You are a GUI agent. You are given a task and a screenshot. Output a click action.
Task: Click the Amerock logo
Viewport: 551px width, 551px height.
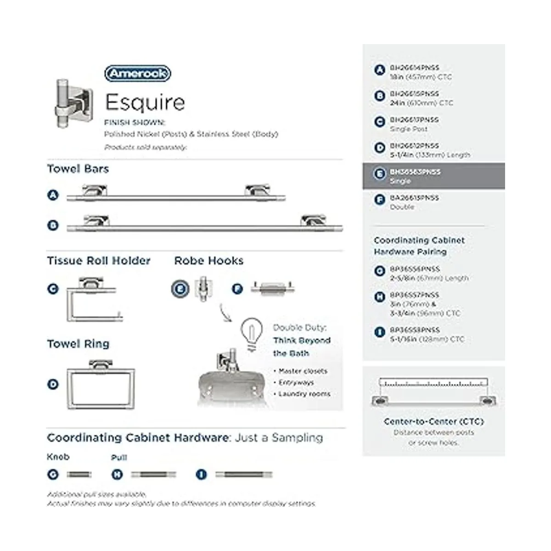pos(137,73)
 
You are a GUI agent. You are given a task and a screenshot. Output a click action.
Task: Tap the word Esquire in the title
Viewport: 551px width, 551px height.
pos(145,102)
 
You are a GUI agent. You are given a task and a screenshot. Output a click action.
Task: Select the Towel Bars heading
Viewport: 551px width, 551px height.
pos(78,169)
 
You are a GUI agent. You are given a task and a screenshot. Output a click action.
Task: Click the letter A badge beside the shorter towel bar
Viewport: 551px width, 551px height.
pos(53,195)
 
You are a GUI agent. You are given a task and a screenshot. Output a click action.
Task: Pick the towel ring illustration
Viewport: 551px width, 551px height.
pos(101,384)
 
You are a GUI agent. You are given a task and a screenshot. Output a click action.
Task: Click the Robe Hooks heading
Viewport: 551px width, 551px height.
pos(209,261)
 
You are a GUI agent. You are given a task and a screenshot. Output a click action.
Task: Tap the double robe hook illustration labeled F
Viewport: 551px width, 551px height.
pos(273,288)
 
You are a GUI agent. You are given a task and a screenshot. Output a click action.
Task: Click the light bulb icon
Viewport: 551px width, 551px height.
pos(252,333)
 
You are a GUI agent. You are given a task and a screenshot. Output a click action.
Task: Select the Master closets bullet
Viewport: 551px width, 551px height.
pos(303,371)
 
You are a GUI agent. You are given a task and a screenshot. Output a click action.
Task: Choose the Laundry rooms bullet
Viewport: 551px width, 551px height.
pos(304,394)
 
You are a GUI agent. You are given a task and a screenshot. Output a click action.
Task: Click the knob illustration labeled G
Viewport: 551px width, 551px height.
pos(79,474)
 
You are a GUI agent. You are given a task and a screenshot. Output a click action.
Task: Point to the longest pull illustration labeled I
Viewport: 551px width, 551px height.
pos(244,474)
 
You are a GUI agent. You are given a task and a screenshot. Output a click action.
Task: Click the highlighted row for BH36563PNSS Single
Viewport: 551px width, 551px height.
pos(433,176)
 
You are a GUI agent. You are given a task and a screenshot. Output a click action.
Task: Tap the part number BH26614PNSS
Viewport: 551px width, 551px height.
pos(414,67)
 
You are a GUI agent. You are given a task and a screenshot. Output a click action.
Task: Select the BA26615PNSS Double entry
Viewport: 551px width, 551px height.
pos(414,202)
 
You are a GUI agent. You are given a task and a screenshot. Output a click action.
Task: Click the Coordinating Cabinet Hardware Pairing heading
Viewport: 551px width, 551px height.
pos(419,246)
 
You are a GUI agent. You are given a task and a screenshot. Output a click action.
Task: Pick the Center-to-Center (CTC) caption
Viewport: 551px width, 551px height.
pos(433,422)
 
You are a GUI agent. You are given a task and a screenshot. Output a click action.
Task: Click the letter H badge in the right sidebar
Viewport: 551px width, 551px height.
pos(379,297)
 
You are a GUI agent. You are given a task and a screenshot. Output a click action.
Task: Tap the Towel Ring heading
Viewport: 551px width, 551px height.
pos(78,344)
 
